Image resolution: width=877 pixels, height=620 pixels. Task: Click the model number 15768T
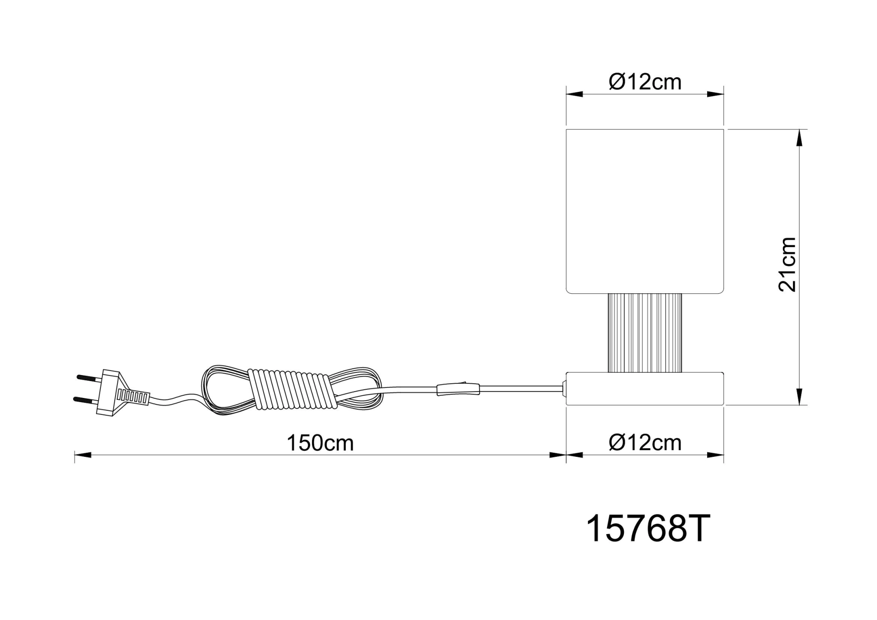(648, 529)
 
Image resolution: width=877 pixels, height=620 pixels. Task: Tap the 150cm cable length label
(320, 443)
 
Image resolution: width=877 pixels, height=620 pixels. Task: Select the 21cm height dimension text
(787, 265)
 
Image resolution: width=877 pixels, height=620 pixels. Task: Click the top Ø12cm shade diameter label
(645, 82)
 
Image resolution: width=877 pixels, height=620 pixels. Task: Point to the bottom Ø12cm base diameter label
(645, 443)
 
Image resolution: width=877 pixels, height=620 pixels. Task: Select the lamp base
(645, 389)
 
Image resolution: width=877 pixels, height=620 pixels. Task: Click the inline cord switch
(458, 389)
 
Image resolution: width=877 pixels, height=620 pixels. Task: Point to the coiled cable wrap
(293, 389)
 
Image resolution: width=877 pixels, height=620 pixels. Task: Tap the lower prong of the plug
(85, 399)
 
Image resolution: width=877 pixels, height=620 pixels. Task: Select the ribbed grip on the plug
(133, 397)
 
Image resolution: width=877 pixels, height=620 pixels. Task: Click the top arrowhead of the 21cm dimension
(799, 137)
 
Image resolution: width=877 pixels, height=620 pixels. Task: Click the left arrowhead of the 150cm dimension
(83, 455)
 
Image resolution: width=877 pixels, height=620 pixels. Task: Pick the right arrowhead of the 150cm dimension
(558, 455)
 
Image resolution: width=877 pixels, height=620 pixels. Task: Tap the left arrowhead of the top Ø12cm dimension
(575, 95)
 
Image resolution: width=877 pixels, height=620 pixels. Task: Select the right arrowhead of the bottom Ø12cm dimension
(716, 455)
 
